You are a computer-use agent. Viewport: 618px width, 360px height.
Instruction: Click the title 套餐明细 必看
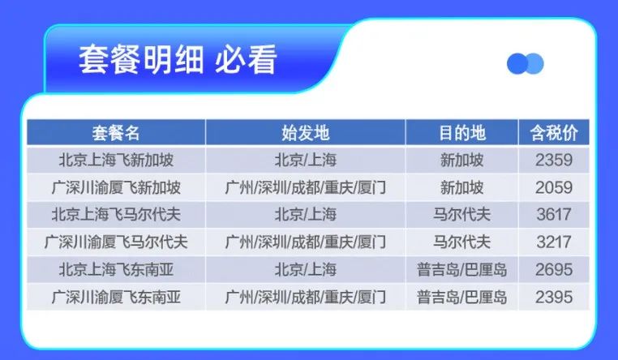pyautogui.click(x=178, y=60)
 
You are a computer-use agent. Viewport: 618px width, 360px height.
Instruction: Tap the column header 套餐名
pyautogui.click(x=116, y=133)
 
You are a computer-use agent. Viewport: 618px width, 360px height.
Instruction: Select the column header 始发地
pyautogui.click(x=306, y=133)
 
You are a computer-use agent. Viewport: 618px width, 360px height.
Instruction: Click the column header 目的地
pyautogui.click(x=462, y=133)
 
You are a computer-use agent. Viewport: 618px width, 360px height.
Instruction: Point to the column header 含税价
pyautogui.click(x=554, y=133)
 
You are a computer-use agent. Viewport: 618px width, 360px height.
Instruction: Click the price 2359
pyautogui.click(x=554, y=160)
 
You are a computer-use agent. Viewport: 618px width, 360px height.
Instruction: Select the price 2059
pyautogui.click(x=554, y=187)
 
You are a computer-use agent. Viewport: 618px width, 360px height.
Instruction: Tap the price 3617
pyautogui.click(x=554, y=215)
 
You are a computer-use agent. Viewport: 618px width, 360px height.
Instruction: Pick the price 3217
pyautogui.click(x=554, y=242)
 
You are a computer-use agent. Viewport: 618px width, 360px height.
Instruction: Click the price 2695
pyautogui.click(x=554, y=269)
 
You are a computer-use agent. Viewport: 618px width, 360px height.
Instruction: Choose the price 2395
pyautogui.click(x=554, y=297)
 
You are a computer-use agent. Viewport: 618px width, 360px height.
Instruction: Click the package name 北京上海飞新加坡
pyautogui.click(x=116, y=160)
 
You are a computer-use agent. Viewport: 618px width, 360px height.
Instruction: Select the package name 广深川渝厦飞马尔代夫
pyautogui.click(x=116, y=242)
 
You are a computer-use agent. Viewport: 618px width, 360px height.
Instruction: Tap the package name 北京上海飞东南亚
pyautogui.click(x=116, y=269)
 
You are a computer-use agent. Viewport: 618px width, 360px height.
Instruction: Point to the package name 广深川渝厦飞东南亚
pyautogui.click(x=116, y=297)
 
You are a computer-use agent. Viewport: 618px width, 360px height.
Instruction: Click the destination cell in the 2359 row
pyautogui.click(x=462, y=160)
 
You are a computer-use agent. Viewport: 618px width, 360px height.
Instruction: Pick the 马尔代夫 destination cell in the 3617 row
pyautogui.click(x=462, y=215)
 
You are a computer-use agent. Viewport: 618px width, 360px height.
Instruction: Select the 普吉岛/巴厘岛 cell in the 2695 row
pyautogui.click(x=462, y=269)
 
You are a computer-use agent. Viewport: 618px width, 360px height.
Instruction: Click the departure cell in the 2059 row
pyautogui.click(x=306, y=187)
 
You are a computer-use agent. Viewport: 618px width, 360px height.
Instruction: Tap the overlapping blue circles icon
pyautogui.click(x=525, y=64)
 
